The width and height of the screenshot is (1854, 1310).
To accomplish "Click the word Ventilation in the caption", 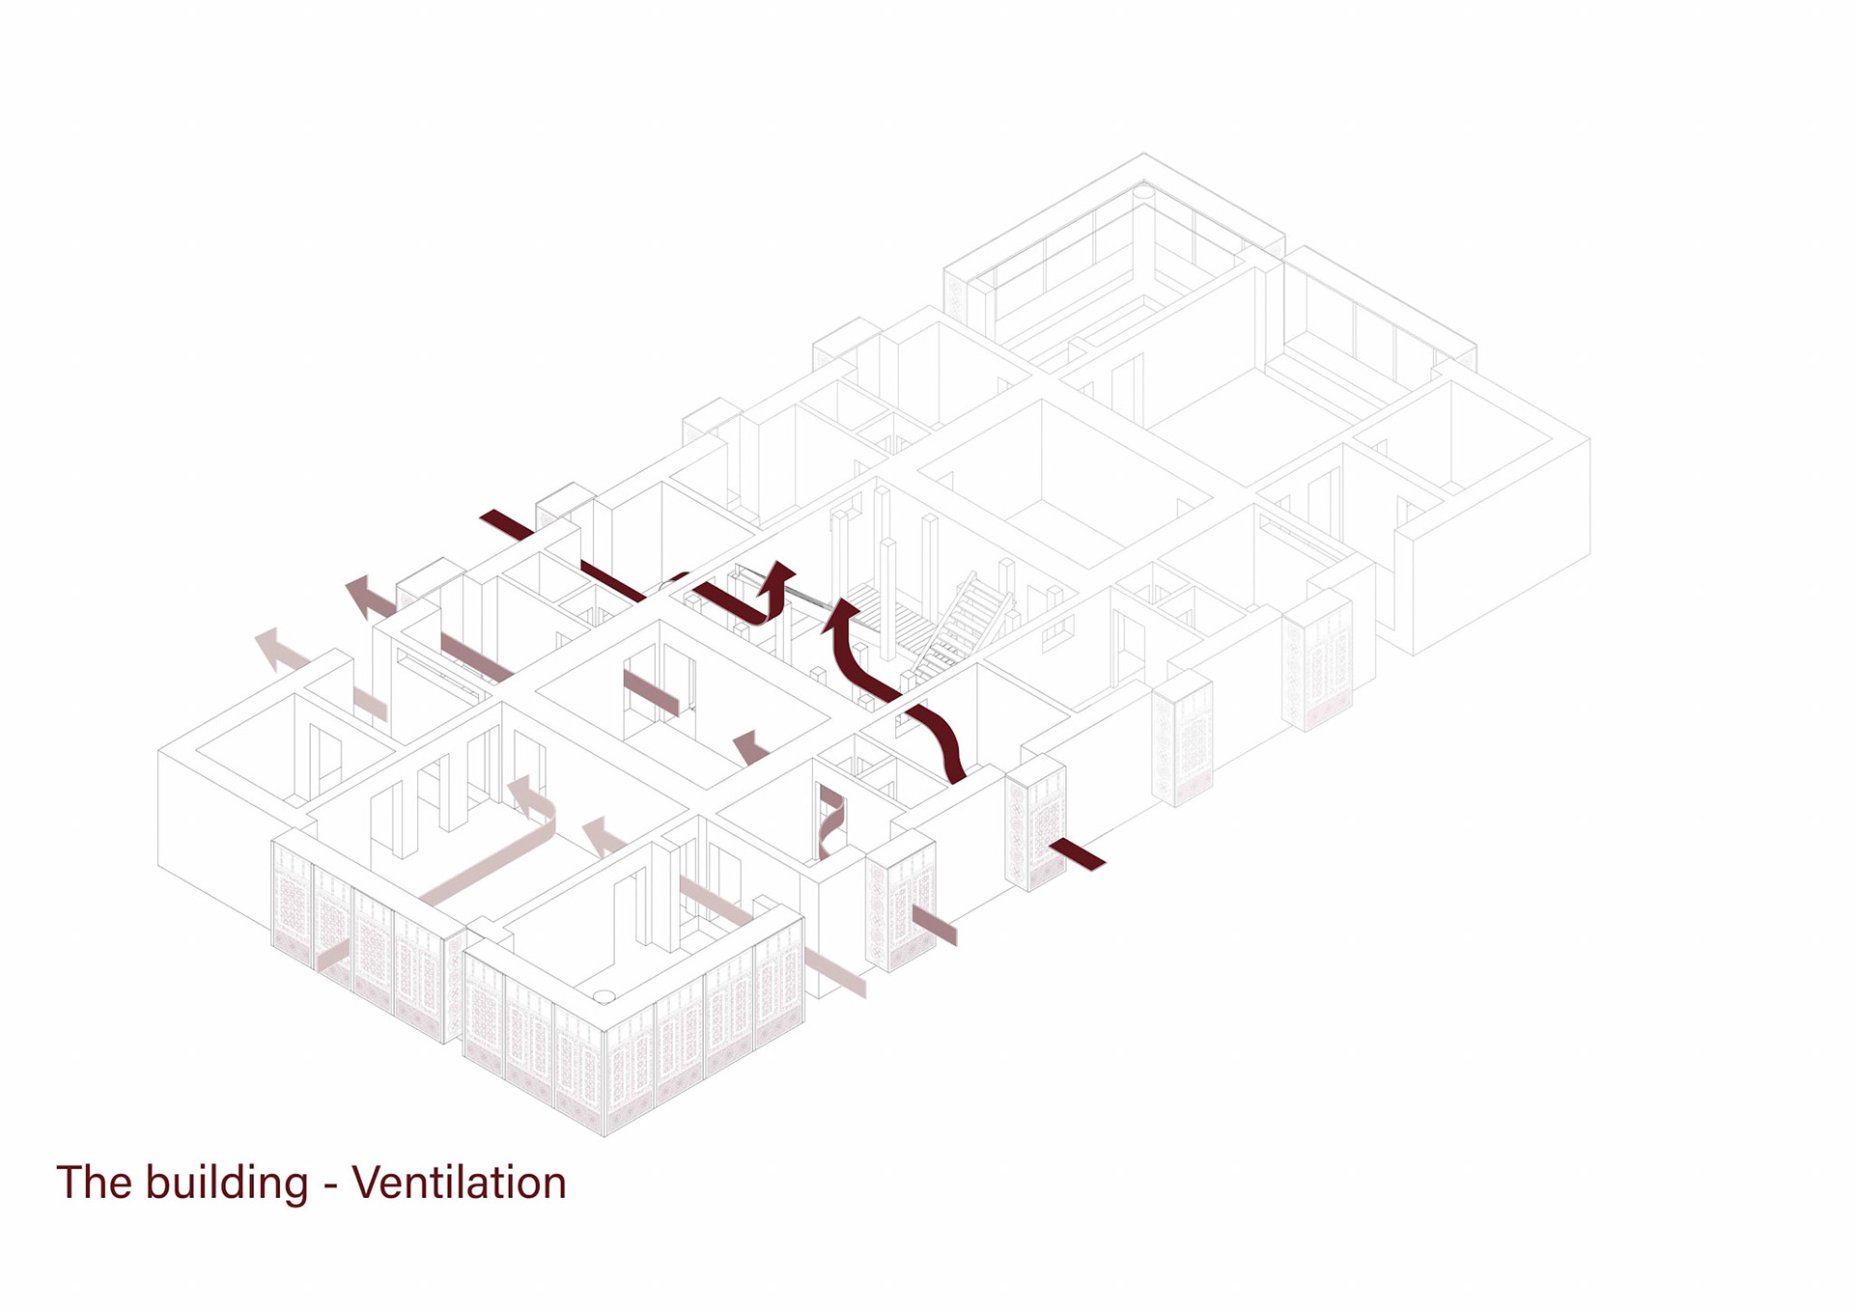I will tap(459, 1183).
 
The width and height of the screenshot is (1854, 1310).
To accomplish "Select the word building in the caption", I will tap(227, 1183).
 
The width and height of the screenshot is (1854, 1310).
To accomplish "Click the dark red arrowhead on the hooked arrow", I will tap(778, 577).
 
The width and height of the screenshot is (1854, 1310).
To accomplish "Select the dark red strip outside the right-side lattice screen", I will tap(1077, 854).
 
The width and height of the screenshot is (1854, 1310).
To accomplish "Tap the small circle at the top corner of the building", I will tap(1144, 192).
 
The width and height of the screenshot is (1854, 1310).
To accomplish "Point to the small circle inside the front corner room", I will tap(604, 995).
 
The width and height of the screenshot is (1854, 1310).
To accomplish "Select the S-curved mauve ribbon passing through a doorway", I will tap(830, 821).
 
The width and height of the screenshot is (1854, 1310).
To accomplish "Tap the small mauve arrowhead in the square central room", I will tap(749, 746).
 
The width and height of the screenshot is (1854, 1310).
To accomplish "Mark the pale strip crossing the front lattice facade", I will tap(333, 956).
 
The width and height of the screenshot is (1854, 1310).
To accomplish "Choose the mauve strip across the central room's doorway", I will tap(651, 692).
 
